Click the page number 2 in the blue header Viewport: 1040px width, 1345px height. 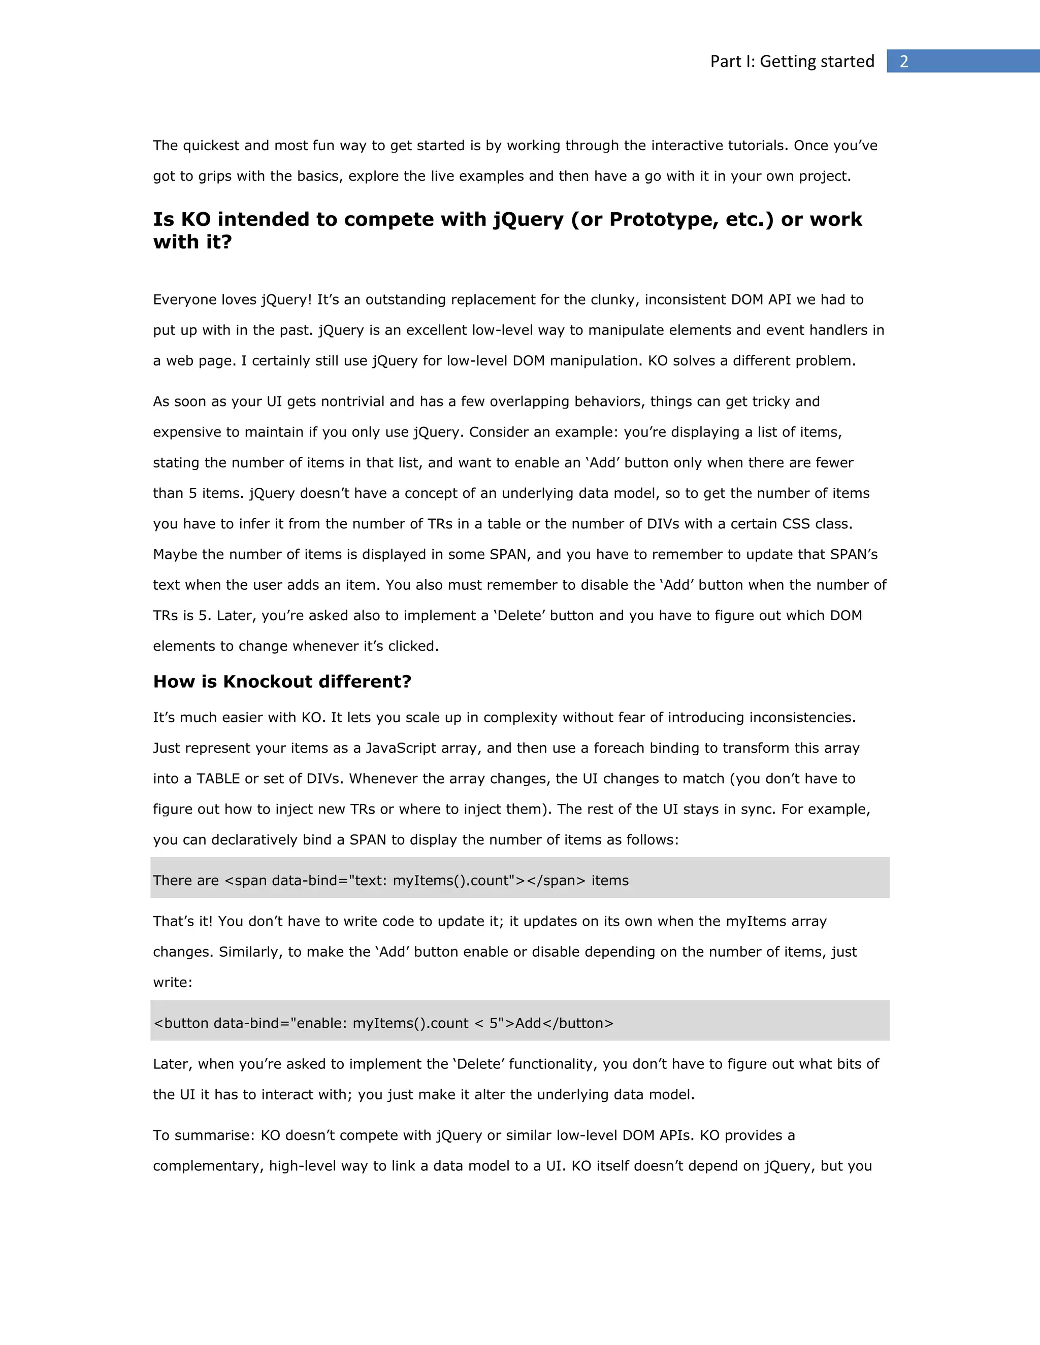pyautogui.click(x=904, y=61)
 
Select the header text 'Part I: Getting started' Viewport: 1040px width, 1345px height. pyautogui.click(x=792, y=61)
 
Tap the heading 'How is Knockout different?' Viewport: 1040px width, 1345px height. pyautogui.click(x=282, y=681)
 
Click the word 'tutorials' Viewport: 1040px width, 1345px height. pyautogui.click(x=755, y=146)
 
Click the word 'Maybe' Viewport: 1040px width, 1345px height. pyautogui.click(x=175, y=554)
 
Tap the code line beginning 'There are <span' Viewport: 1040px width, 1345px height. pyautogui.click(x=391, y=881)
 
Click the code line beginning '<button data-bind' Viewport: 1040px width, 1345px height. pyautogui.click(x=383, y=1024)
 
